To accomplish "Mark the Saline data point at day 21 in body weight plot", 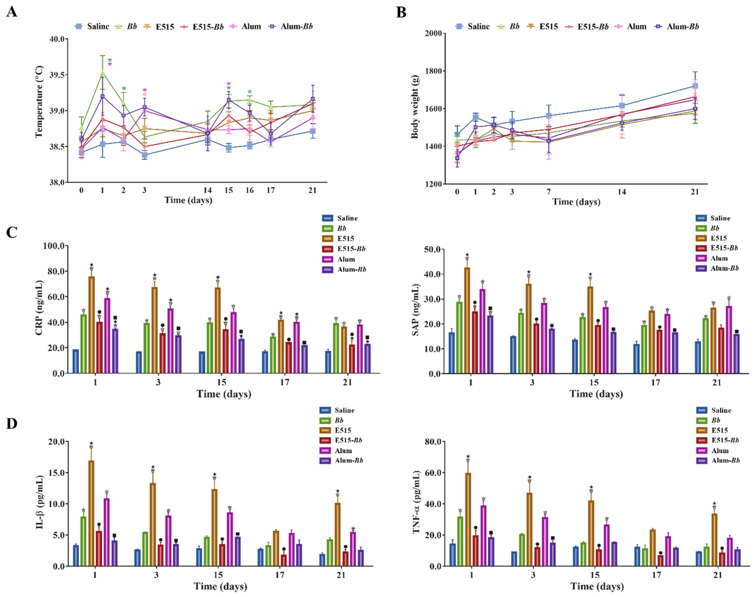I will [695, 86].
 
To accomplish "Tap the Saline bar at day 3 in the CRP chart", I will [139, 362].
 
